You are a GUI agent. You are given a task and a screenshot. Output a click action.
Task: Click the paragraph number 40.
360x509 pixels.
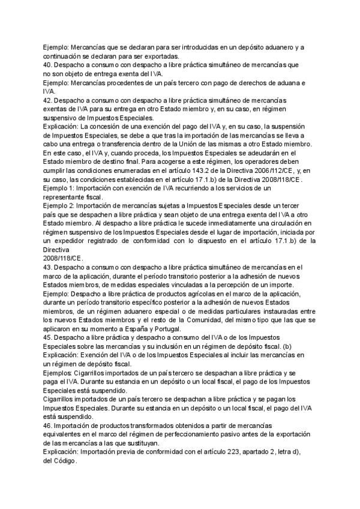coord(47,64)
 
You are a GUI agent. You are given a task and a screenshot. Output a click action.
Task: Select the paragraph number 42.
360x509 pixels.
coord(47,100)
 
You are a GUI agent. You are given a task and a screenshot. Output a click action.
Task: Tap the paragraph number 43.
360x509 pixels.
coord(47,267)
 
